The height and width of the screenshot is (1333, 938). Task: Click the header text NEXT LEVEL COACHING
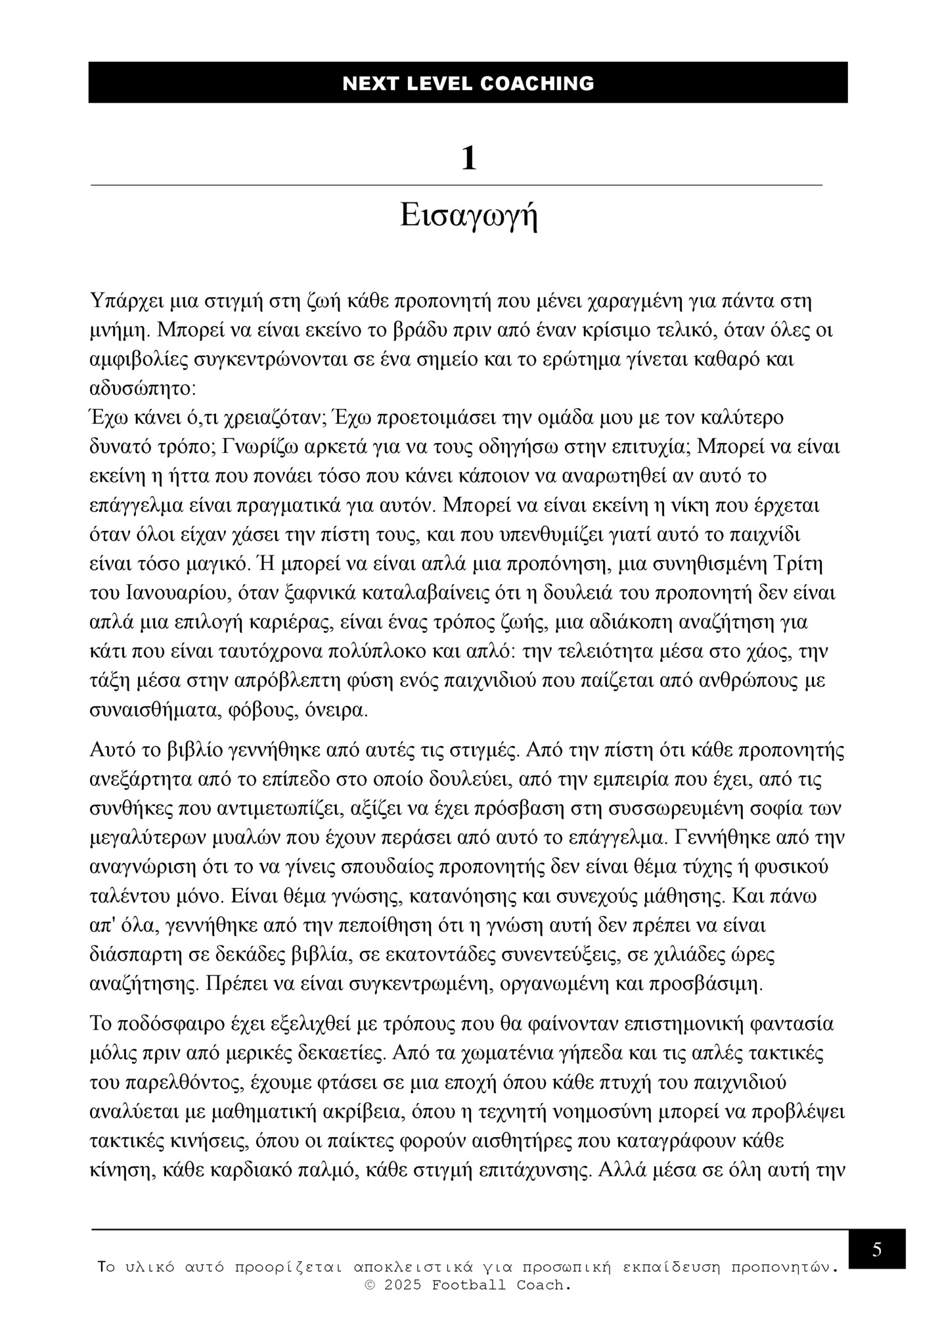pos(468,83)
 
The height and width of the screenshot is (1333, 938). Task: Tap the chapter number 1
pos(468,159)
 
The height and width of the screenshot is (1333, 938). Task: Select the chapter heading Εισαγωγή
pos(468,216)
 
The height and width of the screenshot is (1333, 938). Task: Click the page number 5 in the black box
pos(877,1250)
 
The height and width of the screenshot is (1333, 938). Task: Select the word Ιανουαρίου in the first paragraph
pos(172,593)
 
